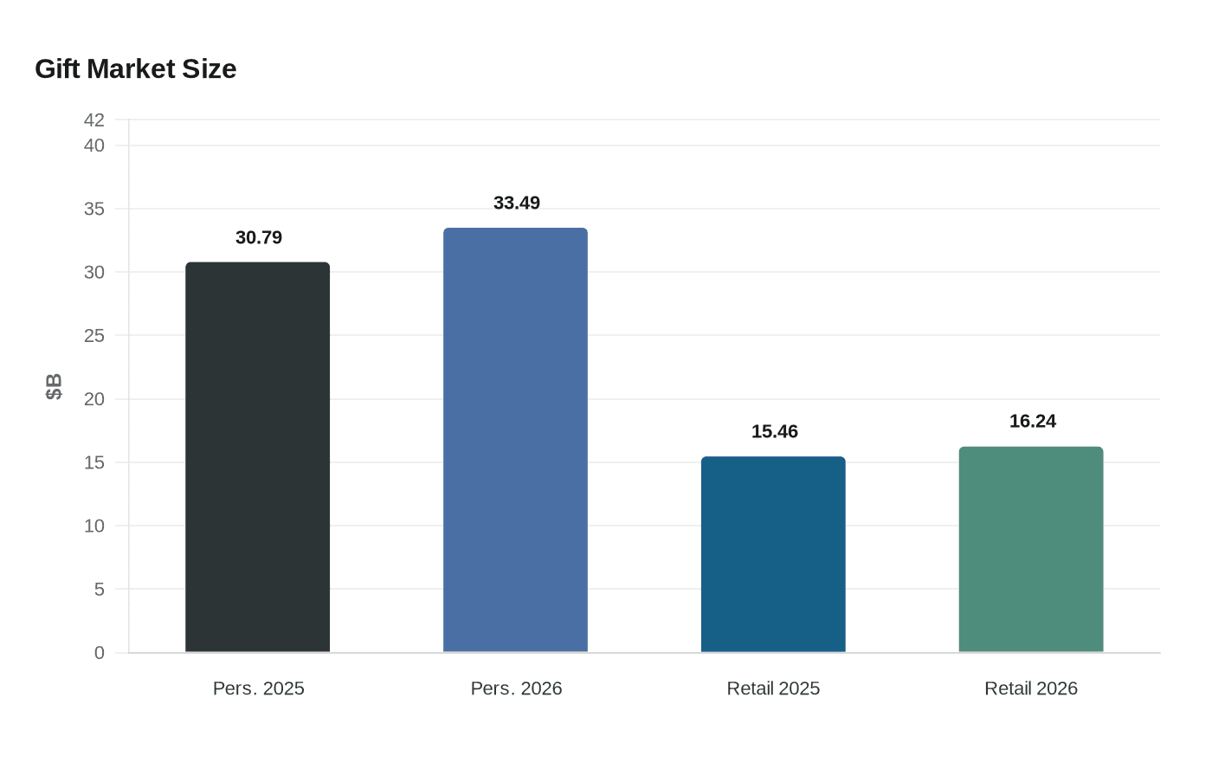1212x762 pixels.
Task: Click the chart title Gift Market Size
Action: pyautogui.click(x=135, y=68)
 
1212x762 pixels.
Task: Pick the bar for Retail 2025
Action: pyautogui.click(x=773, y=554)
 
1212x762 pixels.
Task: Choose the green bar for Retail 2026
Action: pyautogui.click(x=1031, y=549)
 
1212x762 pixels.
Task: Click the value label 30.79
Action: pyautogui.click(x=259, y=237)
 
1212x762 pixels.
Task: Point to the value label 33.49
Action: pyautogui.click(x=517, y=203)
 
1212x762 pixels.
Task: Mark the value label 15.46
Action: pyautogui.click(x=775, y=431)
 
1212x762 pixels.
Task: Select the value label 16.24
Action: pyautogui.click(x=1033, y=421)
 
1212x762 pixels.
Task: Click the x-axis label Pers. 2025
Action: pyautogui.click(x=259, y=688)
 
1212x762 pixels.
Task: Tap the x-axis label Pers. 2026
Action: pyautogui.click(x=517, y=688)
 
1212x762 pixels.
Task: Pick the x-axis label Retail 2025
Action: pyautogui.click(x=773, y=688)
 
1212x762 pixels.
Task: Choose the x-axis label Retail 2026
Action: pyautogui.click(x=1031, y=688)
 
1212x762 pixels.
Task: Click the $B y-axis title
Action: pyautogui.click(x=54, y=386)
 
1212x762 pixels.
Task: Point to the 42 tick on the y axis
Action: pyautogui.click(x=94, y=119)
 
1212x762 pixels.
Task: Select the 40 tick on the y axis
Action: pyautogui.click(x=94, y=145)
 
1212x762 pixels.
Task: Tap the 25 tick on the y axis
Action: pyautogui.click(x=94, y=335)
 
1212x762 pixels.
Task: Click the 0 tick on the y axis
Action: pyautogui.click(x=100, y=653)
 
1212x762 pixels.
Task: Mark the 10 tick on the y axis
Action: pyautogui.click(x=94, y=526)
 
